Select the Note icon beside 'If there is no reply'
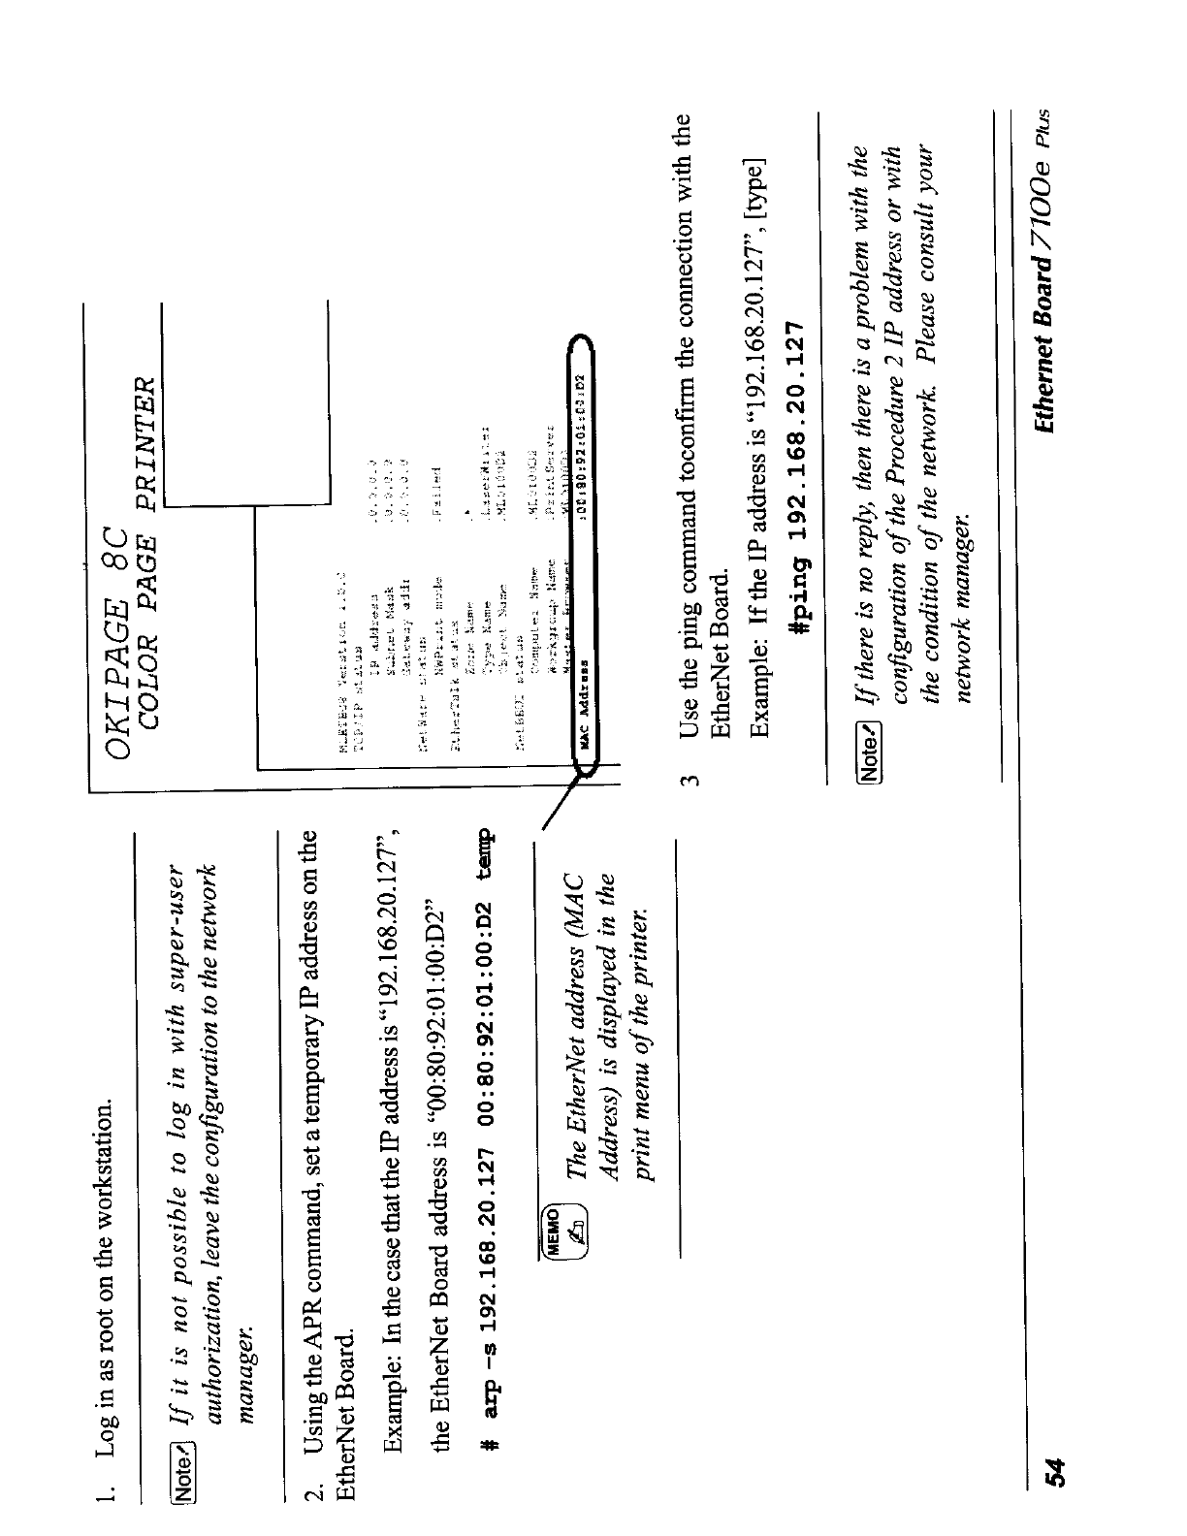click(870, 746)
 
